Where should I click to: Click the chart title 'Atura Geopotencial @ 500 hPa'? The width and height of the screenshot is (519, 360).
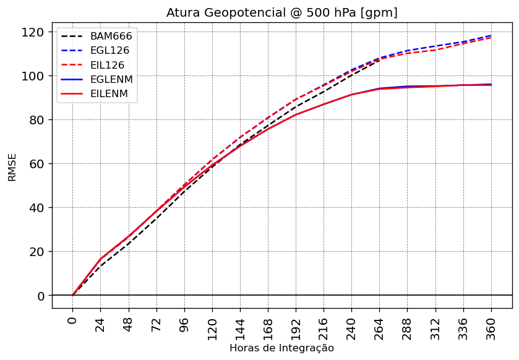(281, 12)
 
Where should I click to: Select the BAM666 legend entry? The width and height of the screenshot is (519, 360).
(111, 36)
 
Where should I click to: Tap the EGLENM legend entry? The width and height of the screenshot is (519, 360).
(111, 79)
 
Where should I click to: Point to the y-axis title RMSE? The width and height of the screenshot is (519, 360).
(12, 167)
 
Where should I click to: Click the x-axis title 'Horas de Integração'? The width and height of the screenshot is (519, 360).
(281, 348)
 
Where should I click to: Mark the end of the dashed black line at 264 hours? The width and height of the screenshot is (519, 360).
(379, 59)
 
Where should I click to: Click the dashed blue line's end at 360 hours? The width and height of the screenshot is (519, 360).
(491, 35)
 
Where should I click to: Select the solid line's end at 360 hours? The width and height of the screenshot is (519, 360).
(491, 84)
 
